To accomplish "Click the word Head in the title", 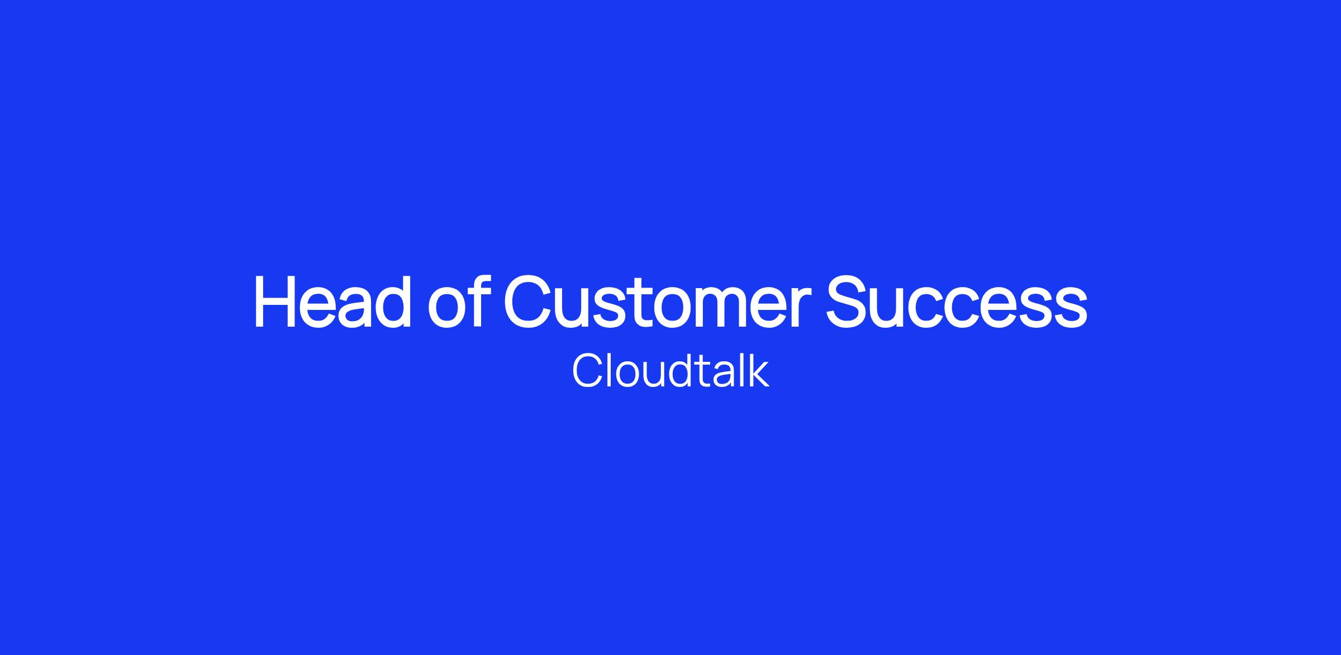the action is pos(333,302).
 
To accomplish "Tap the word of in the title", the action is pos(456,302).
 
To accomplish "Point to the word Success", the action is pos(957,302).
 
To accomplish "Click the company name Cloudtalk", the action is pos(670,371).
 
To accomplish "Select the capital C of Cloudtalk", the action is pos(586,371).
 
